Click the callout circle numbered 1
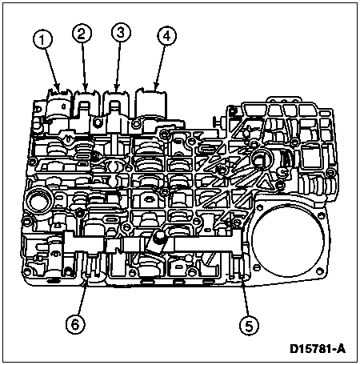(x=43, y=40)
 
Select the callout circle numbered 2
(x=82, y=34)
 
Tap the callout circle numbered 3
(x=121, y=33)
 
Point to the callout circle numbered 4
(x=166, y=36)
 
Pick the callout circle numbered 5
(x=249, y=326)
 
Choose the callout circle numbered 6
(x=75, y=324)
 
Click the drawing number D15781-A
(x=318, y=349)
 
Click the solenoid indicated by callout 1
(x=58, y=106)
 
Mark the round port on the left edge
(x=38, y=201)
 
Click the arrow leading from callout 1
(x=53, y=70)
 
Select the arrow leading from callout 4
(x=160, y=67)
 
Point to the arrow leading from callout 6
(x=82, y=296)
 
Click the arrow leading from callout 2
(x=84, y=66)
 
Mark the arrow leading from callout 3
(x=118, y=66)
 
